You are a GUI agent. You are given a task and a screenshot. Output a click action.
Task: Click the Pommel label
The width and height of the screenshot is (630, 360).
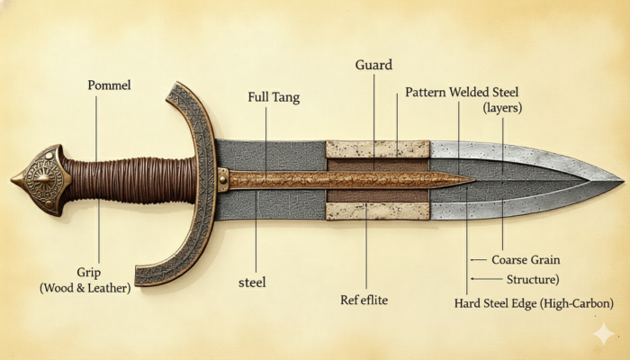coord(109,85)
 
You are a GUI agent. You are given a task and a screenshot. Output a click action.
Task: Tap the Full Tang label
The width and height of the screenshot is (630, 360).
coord(274,97)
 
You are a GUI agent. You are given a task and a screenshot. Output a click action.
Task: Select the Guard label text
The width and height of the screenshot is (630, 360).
coord(373,65)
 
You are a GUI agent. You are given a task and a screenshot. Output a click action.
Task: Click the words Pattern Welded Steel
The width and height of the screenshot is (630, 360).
coord(462,92)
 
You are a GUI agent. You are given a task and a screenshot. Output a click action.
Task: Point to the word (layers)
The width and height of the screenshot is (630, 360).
coord(502,108)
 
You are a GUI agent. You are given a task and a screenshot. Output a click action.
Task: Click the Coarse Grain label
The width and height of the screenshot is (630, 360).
coord(526,259)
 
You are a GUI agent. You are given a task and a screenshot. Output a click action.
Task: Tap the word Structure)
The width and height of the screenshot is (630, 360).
coord(533,279)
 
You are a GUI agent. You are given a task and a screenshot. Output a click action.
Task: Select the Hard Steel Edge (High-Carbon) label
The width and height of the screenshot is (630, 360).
coord(534,303)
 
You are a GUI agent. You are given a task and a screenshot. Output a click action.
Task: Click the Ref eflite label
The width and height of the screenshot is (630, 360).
coord(364,300)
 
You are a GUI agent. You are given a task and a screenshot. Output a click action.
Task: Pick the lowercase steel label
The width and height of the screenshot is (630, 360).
coord(252,282)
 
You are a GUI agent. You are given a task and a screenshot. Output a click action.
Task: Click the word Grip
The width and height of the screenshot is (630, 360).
coord(88,273)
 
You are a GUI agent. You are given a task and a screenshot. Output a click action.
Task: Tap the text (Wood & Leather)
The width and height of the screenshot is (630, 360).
coord(85,288)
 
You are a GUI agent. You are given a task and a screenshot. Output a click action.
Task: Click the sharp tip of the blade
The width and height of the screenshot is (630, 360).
coord(623,180)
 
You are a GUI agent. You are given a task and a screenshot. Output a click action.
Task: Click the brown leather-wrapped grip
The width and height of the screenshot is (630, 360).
coord(130,180)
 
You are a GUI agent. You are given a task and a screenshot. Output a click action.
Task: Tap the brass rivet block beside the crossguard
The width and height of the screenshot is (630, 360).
coord(223,180)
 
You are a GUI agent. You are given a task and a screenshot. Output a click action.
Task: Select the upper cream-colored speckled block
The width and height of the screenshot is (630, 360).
coord(377,149)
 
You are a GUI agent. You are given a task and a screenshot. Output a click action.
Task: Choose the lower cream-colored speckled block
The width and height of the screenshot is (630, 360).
coord(377,211)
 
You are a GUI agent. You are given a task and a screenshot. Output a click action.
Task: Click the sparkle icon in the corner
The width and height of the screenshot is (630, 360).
coord(604,334)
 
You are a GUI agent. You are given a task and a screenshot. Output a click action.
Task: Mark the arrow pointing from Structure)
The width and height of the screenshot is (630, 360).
coord(487,278)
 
